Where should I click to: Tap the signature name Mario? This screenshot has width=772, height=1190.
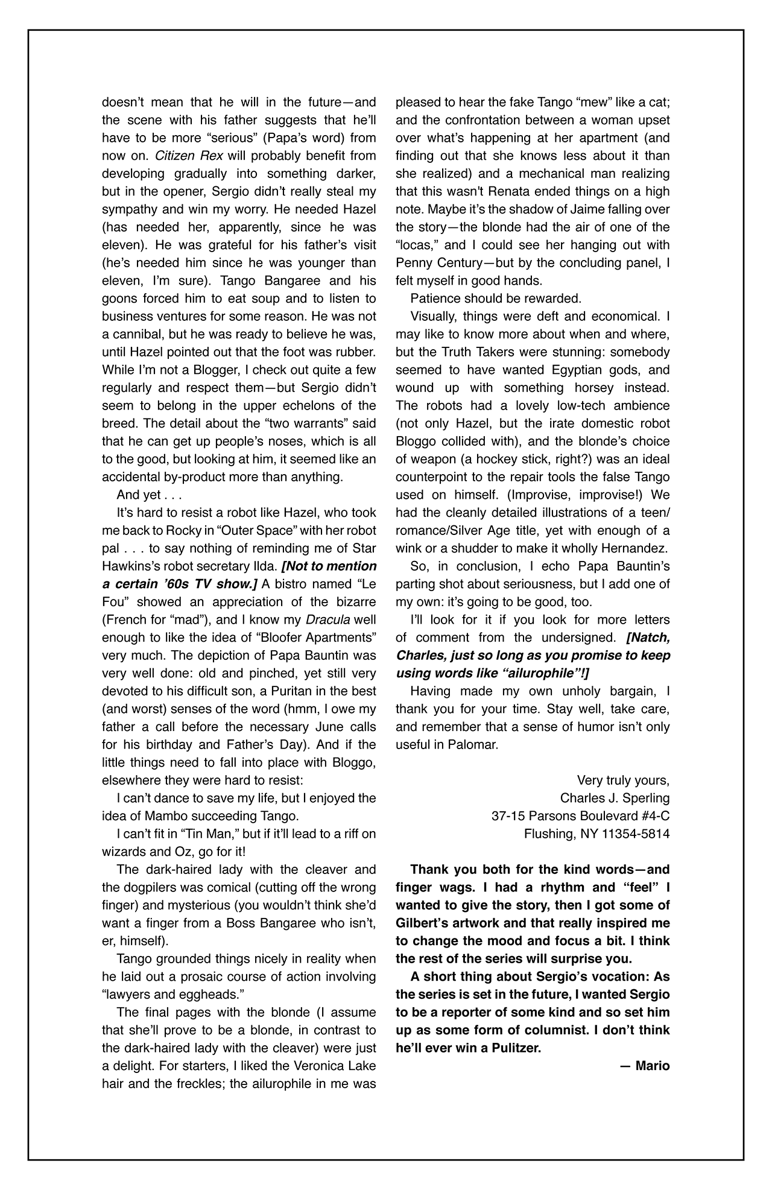(652, 1066)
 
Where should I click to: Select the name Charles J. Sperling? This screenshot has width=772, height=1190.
(615, 798)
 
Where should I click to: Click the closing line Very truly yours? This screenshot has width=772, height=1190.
(622, 780)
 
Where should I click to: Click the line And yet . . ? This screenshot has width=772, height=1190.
(149, 495)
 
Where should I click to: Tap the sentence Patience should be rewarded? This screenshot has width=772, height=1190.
(495, 299)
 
